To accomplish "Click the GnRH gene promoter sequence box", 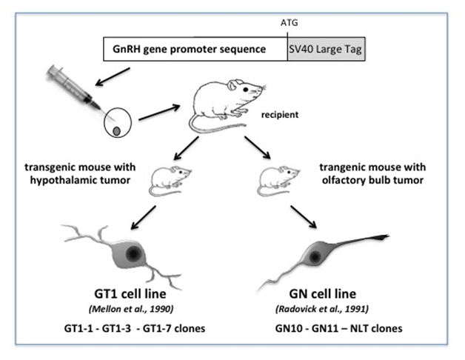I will coord(195,50).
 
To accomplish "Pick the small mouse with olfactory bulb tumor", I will coord(278,181).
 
